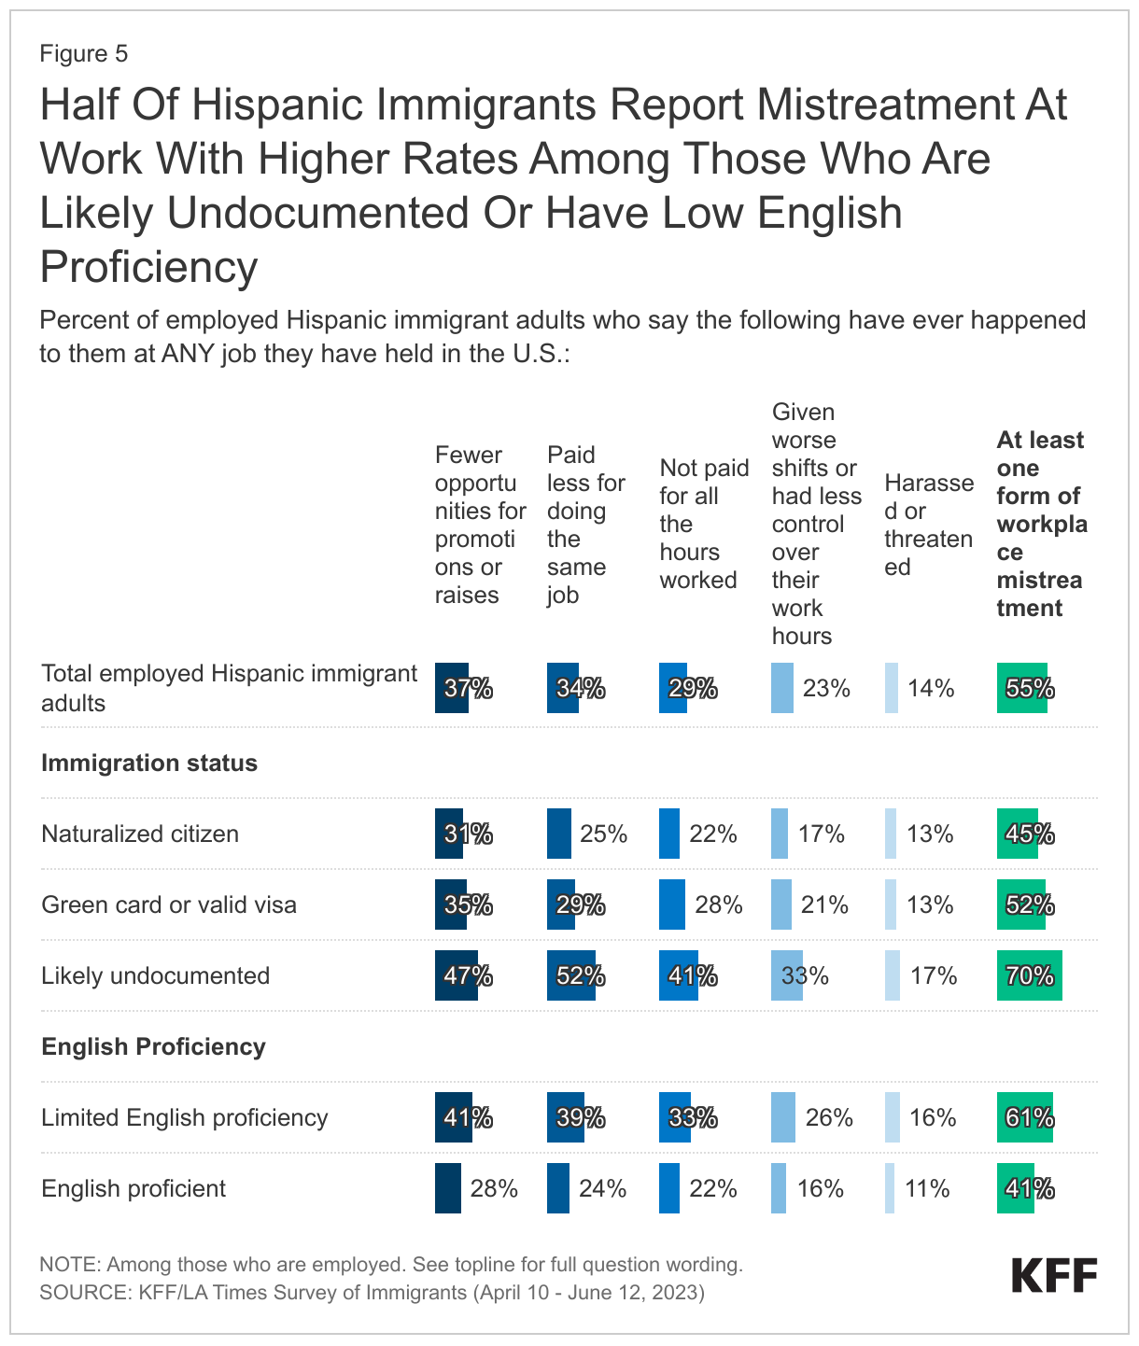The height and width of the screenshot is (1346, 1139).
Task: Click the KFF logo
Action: [x=1054, y=1275]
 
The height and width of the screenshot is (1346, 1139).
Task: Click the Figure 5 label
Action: [x=84, y=54]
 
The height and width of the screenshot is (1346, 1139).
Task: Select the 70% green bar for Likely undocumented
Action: [x=1029, y=975]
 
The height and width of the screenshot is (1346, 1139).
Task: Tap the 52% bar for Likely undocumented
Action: [x=571, y=975]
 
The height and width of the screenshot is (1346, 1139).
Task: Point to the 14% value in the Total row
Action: [x=930, y=689]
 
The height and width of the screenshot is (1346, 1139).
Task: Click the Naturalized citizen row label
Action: [x=140, y=834]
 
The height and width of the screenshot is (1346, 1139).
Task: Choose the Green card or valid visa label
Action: [x=169, y=904]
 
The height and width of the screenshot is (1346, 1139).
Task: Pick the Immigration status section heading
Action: [x=149, y=763]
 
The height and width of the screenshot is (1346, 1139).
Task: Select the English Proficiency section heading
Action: [x=153, y=1046]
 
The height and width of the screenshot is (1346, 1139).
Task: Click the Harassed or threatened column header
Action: [x=928, y=525]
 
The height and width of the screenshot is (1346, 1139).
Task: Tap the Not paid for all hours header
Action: [x=703, y=524]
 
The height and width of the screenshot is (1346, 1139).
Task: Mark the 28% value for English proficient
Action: [x=494, y=1188]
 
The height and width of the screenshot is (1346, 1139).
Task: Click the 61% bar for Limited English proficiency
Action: [x=1025, y=1117]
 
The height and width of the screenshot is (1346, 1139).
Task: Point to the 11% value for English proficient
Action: [x=927, y=1188]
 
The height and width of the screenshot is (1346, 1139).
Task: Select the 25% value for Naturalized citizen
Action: [x=603, y=834]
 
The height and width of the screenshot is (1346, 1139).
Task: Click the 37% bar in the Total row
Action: [x=453, y=689]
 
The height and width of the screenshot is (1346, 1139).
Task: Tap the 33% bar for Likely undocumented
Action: [x=788, y=975]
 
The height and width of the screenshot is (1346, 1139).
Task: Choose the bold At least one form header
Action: [x=1041, y=524]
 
